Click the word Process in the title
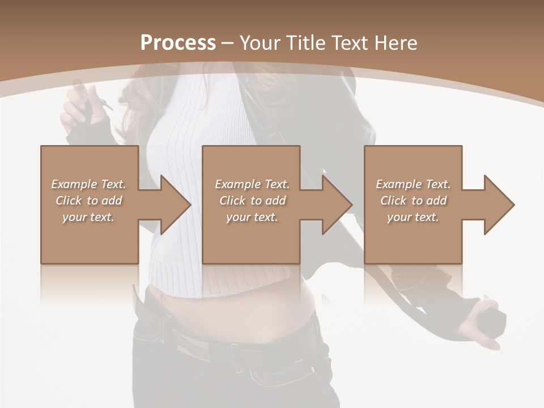[178, 43]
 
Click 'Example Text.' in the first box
[88, 184]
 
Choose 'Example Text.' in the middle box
[252, 184]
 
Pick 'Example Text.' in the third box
[413, 184]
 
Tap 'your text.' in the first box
[88, 217]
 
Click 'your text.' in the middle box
[252, 217]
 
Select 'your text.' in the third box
[413, 217]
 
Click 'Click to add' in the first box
[88, 201]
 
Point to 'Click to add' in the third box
[413, 201]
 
